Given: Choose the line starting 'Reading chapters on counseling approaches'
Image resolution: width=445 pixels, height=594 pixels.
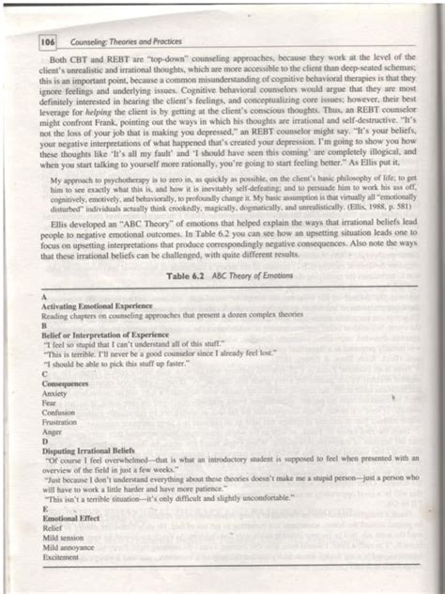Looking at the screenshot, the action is [x=160, y=316].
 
